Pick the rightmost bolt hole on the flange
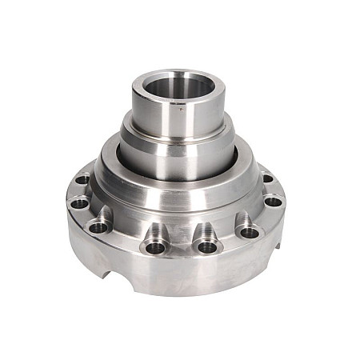click(274, 201)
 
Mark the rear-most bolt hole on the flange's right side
click(267, 178)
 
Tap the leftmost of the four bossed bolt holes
click(98, 227)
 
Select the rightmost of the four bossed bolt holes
click(250, 233)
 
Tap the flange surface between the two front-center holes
click(182, 250)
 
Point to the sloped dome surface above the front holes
click(180, 204)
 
